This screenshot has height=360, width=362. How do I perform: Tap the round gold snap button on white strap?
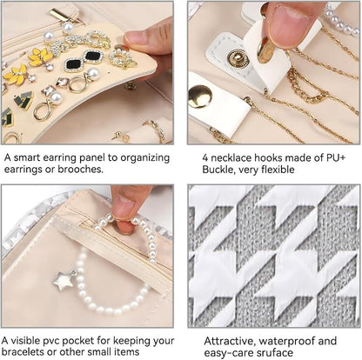pos(200,97)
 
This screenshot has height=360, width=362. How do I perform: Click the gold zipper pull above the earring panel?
pos(62,15)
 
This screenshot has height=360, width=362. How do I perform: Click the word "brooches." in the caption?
pos(80,170)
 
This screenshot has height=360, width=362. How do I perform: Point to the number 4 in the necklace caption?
pos(205,158)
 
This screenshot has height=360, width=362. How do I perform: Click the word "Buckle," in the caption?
pos(219,170)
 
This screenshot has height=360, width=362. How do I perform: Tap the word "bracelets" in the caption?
pos(22,352)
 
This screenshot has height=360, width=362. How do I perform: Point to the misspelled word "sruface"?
pos(275,353)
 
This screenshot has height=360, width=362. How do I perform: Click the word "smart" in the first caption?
pos(27,158)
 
